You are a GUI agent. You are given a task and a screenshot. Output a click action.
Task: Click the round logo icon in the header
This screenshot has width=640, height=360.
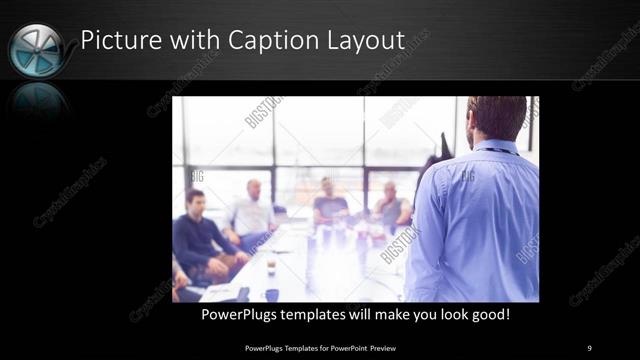point(36,50)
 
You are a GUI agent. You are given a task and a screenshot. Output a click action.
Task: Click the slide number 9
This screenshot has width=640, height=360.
point(590,347)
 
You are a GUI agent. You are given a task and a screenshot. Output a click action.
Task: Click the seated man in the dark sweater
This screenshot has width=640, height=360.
point(200,235)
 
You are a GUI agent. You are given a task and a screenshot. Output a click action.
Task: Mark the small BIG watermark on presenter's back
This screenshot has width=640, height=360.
point(467,176)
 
